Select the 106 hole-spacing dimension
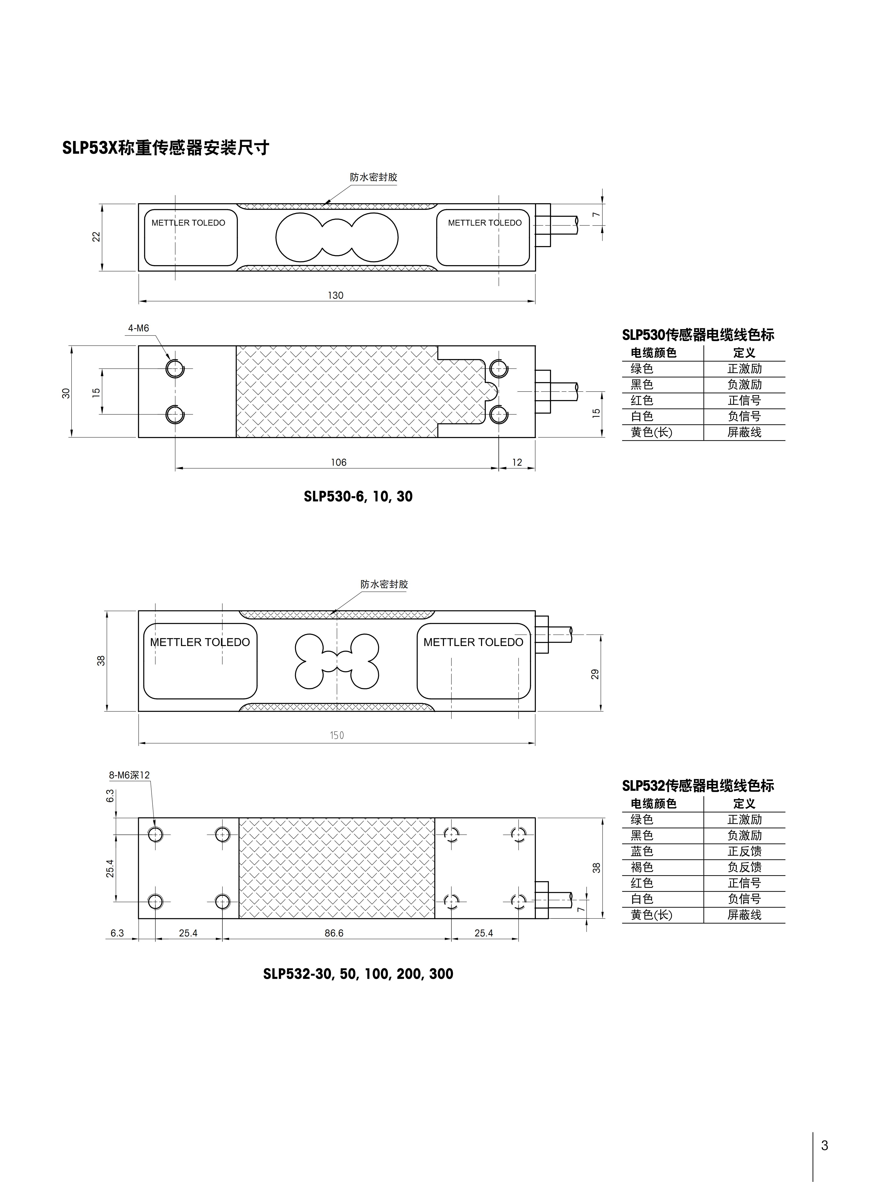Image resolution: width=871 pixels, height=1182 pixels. (338, 462)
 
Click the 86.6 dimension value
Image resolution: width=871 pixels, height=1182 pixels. (334, 933)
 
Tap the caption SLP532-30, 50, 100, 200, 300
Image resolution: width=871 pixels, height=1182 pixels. (358, 974)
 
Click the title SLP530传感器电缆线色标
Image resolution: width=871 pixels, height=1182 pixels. (698, 335)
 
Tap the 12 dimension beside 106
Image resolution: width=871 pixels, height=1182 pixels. (517, 462)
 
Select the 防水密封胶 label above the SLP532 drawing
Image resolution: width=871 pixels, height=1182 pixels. (384, 584)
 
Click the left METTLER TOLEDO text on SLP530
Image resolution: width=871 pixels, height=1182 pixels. (188, 223)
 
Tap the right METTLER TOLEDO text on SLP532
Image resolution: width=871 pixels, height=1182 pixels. (473, 642)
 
